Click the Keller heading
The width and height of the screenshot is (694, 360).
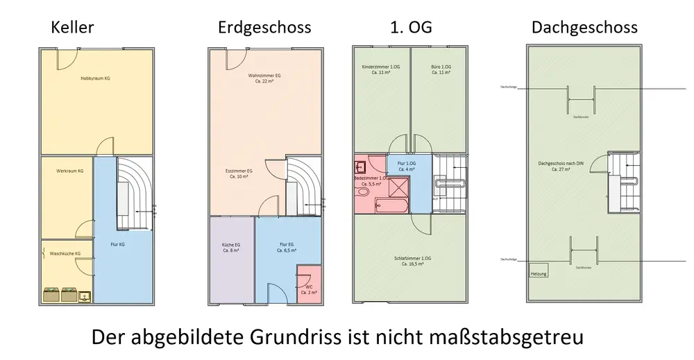click(72, 28)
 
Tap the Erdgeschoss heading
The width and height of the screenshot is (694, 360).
click(264, 28)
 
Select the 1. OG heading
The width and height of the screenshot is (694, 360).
click(412, 28)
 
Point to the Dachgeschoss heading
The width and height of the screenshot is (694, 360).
click(584, 28)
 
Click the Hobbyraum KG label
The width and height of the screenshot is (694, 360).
click(95, 78)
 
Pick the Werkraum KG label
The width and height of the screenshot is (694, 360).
click(70, 171)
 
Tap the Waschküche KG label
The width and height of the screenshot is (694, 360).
click(65, 254)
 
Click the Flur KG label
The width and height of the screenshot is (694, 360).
click(118, 245)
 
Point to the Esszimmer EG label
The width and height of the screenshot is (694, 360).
click(239, 171)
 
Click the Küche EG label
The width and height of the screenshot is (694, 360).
click(231, 246)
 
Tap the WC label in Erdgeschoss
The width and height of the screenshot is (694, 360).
click(310, 286)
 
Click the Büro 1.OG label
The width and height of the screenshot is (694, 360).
click(441, 67)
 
